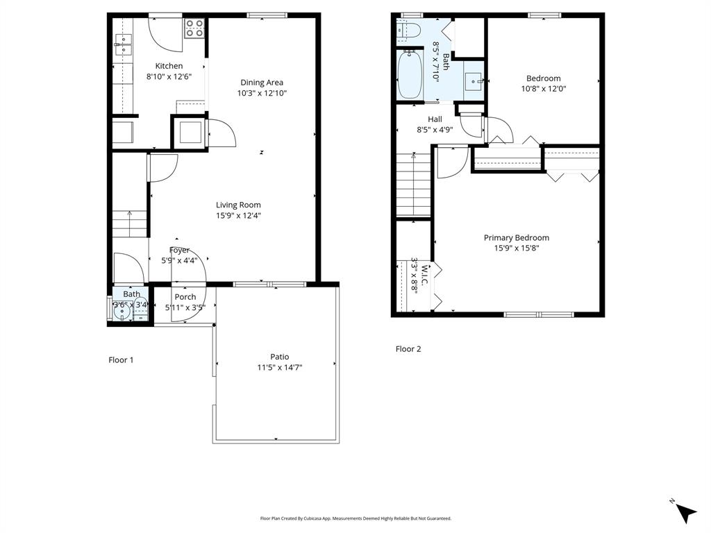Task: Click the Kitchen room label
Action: (169, 66)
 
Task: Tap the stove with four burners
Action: (194, 28)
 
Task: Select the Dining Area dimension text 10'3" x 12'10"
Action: (262, 92)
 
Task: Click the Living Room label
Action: (238, 205)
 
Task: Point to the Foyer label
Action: (179, 251)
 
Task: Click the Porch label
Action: (185, 297)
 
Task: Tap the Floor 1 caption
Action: (121, 359)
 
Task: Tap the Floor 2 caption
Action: (408, 349)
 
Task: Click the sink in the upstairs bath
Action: (475, 81)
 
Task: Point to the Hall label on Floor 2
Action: (435, 119)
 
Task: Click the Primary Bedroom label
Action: (516, 238)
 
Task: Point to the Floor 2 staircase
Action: (414, 186)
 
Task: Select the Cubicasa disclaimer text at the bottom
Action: (355, 518)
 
